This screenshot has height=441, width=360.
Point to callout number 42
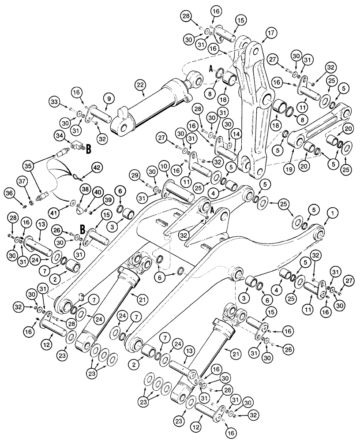tap(96, 167)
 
